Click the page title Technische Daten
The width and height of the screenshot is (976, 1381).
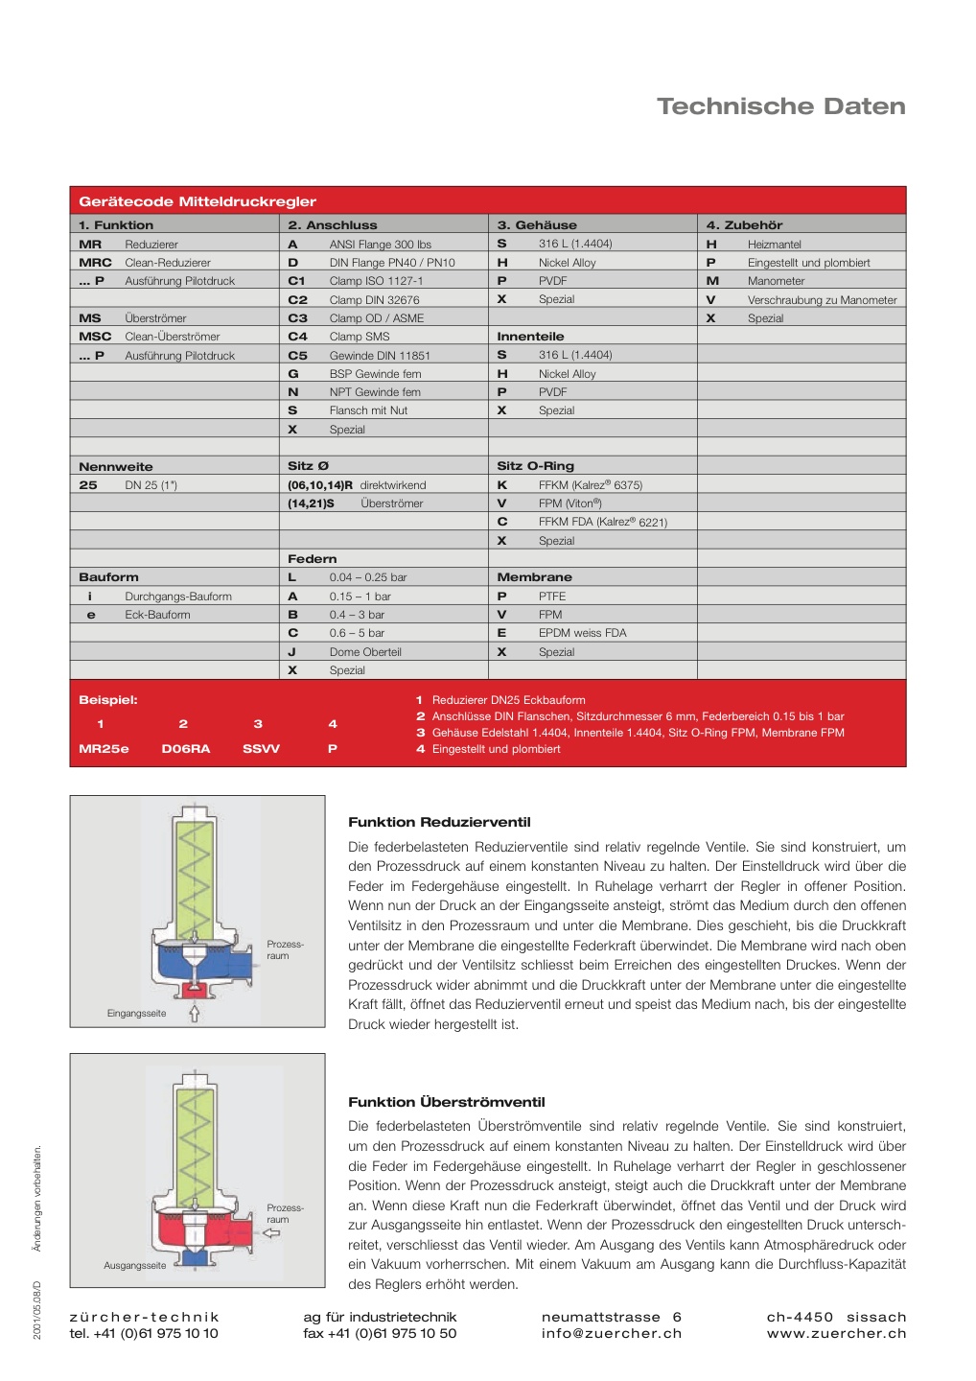pyautogui.click(x=780, y=106)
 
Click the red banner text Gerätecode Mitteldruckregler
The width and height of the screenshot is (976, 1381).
pyautogui.click(x=198, y=201)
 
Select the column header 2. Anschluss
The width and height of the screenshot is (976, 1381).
pyautogui.click(x=333, y=225)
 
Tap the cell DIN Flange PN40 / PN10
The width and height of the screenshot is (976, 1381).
pyautogui.click(x=392, y=263)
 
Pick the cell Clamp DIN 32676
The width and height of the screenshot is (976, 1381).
pyautogui.click(x=374, y=300)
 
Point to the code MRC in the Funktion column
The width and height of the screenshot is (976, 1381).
pyautogui.click(x=95, y=263)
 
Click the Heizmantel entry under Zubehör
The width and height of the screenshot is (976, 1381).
pyautogui.click(x=774, y=245)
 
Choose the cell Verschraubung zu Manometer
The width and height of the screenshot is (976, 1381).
pyautogui.click(x=822, y=300)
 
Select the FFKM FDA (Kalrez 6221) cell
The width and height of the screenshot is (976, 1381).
pyautogui.click(x=602, y=523)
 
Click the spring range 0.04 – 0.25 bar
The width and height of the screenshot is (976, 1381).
pyautogui.click(x=368, y=577)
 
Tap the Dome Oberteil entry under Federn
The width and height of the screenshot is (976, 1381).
pyautogui.click(x=365, y=652)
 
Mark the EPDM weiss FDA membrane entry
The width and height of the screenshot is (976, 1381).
pyautogui.click(x=582, y=633)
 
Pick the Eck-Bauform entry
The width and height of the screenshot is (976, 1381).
pyautogui.click(x=157, y=615)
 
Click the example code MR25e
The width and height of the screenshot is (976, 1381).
pyautogui.click(x=104, y=749)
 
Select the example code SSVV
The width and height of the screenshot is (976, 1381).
pyautogui.click(x=261, y=749)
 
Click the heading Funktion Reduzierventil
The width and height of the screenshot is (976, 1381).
pyautogui.click(x=439, y=822)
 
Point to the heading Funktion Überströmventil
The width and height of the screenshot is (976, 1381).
pyautogui.click(x=446, y=1102)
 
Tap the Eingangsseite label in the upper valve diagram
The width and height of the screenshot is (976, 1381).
pyautogui.click(x=136, y=1014)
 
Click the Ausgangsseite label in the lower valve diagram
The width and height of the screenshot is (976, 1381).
pyautogui.click(x=134, y=1266)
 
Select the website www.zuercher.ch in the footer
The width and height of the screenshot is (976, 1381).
pyautogui.click(x=836, y=1333)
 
